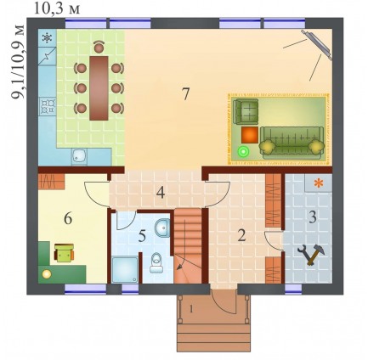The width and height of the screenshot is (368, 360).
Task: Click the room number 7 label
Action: point(185,94)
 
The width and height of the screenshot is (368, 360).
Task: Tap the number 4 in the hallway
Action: point(161,193)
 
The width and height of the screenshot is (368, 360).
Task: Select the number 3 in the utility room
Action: point(313,217)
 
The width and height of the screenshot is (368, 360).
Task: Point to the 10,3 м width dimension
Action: point(57,8)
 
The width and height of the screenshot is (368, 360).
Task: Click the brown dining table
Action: point(99,88)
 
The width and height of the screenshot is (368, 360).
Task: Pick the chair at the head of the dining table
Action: point(99,47)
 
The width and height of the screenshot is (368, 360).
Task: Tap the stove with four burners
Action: point(48,105)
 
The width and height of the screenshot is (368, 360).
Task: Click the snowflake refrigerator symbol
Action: point(47,37)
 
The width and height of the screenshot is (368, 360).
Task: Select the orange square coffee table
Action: point(250,135)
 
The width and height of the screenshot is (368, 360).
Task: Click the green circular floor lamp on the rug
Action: point(243,151)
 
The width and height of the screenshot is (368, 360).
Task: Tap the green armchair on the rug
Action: point(246,111)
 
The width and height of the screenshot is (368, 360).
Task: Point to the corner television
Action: point(316,45)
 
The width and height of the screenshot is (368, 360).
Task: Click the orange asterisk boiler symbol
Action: point(319,183)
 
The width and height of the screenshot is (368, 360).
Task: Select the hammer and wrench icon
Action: point(310,255)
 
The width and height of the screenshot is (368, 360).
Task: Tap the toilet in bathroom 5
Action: point(156,263)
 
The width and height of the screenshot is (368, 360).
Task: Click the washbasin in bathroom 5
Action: point(162,228)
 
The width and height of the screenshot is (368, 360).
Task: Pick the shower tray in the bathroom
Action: point(125,269)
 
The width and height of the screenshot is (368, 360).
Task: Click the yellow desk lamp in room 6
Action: point(46,273)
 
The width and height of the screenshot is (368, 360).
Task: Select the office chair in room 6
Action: point(64,253)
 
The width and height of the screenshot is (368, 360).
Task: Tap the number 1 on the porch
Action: point(191,309)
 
